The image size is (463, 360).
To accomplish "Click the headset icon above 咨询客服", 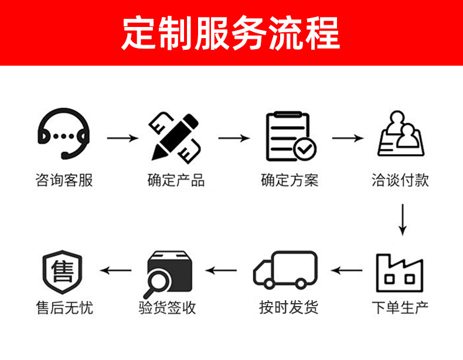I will pos(63,135).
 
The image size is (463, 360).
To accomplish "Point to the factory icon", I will pos(400,273).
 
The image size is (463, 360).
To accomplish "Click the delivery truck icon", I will pos(285,270).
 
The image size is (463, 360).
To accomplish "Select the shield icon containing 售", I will pos(63,273).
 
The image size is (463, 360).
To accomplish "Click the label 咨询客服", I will pos(64,180).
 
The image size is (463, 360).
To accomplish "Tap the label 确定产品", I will pos(176,180).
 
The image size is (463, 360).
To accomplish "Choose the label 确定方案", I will pos(290,180).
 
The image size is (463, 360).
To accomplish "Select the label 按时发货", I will pos(289,307).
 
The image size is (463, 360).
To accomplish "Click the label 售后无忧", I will pos(64,307).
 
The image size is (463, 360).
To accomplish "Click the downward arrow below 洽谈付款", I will pos(402,219).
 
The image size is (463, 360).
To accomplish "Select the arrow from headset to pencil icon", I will pos(123,138).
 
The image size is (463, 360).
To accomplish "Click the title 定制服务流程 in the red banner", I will pos(231,33).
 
